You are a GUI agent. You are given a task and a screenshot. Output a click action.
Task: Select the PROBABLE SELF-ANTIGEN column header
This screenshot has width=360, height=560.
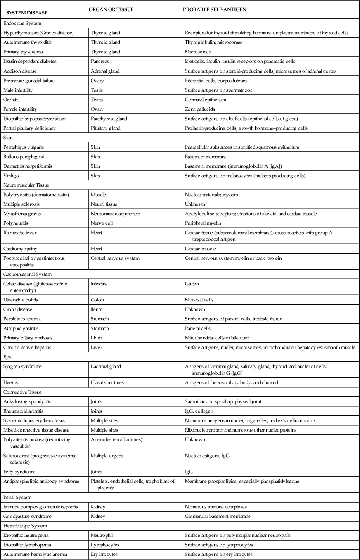point(214,9)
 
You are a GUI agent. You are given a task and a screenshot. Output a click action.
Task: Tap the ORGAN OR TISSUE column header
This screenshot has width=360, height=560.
point(111,9)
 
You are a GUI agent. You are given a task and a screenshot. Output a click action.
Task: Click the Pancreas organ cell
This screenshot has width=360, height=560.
point(100,62)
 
